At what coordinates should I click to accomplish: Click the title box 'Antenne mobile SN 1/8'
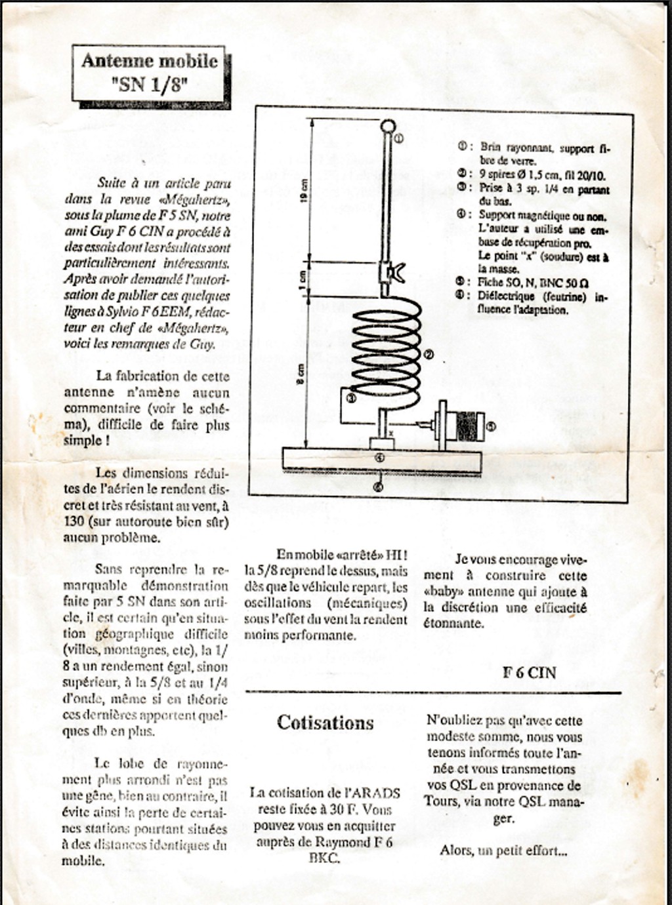click(x=150, y=73)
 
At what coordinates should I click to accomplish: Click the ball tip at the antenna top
click(x=388, y=126)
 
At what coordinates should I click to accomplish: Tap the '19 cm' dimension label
click(x=304, y=191)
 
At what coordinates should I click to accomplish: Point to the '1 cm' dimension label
click(x=303, y=278)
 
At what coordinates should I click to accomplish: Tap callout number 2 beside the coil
click(x=429, y=355)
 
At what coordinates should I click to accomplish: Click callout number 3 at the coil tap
click(x=350, y=397)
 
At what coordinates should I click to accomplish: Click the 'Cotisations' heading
click(x=325, y=723)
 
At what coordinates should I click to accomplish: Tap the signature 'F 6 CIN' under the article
click(x=529, y=672)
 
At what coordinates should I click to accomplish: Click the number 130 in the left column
click(x=74, y=521)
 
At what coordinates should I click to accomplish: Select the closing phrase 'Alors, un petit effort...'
click(x=503, y=851)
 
